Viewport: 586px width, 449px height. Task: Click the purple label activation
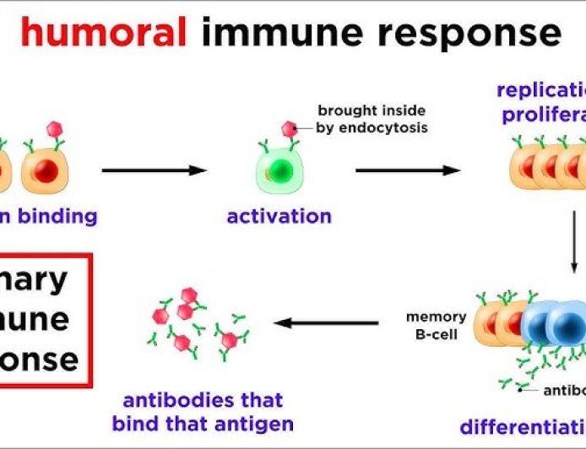click(279, 216)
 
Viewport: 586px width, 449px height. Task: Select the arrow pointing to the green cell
click(155, 170)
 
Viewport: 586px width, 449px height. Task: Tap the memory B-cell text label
click(436, 325)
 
